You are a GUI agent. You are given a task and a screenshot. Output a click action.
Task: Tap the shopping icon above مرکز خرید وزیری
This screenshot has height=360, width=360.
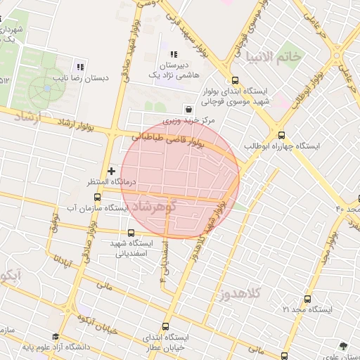coord(188,109)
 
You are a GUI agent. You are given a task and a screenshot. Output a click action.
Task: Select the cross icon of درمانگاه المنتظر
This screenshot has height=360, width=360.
coord(111,171)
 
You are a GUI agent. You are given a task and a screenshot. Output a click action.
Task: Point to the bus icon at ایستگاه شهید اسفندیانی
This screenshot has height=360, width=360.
coord(131,233)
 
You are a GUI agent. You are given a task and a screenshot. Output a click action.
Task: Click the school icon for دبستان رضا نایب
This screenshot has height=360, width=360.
coord(80,67)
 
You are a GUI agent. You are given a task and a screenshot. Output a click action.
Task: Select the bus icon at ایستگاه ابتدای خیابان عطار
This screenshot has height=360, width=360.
coord(166,326)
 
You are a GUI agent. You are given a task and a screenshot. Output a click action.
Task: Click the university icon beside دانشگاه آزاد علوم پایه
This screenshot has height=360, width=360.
coord(56,337)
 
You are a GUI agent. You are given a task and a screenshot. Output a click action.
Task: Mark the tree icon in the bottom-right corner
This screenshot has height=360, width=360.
coord(342,345)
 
